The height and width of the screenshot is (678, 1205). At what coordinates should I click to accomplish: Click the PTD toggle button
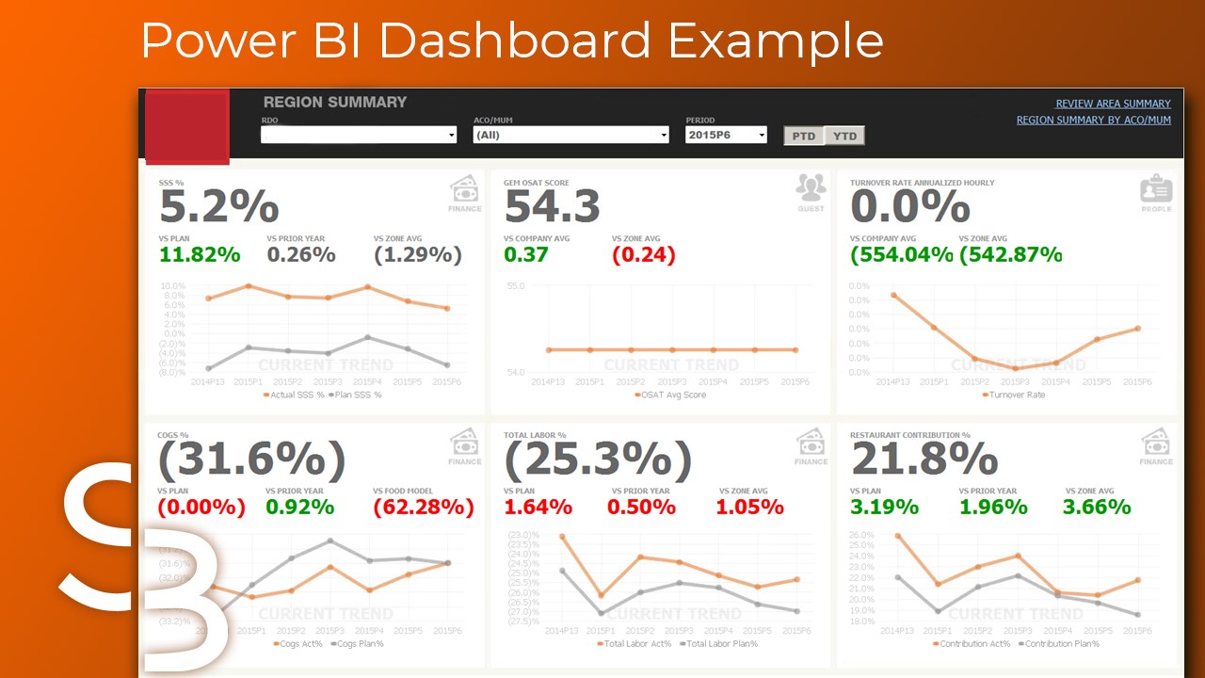803,136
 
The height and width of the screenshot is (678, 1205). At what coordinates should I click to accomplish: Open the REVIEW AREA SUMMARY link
1113,104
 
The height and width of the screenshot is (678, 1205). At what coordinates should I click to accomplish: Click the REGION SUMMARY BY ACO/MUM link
1093,120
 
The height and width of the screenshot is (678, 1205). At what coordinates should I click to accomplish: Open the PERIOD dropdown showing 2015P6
726,135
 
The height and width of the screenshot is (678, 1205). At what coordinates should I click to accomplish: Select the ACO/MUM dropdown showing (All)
571,135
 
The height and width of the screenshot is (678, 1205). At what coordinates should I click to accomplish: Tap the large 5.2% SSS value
218,207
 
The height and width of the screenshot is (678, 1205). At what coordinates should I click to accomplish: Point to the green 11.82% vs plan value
200,254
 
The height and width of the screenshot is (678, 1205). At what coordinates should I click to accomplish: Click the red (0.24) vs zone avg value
644,254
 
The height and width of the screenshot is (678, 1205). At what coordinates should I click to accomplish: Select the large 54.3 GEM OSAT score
552,207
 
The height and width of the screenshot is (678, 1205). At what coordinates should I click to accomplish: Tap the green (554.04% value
902,254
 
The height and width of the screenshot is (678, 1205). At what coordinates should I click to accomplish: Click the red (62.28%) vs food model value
424,507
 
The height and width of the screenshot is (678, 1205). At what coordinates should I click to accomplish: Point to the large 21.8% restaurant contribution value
924,460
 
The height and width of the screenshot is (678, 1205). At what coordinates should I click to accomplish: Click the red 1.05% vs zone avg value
749,507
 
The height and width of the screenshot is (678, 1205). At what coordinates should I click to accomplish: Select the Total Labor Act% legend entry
637,644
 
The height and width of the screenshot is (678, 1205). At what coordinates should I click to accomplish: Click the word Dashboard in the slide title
515,40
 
